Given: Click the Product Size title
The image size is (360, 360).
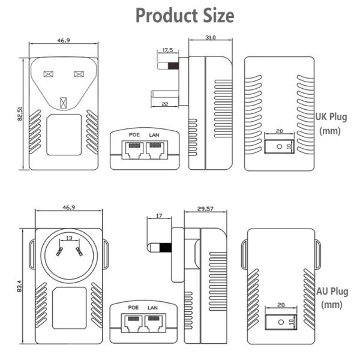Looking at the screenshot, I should pos(185,15).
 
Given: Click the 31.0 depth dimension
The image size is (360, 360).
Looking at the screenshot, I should pos(209,38).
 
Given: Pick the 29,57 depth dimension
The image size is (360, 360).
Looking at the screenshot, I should pos(205,209).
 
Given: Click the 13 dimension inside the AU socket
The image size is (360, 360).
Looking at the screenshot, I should pos(70,239).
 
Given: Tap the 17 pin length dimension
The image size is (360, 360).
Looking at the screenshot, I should pos(158,215).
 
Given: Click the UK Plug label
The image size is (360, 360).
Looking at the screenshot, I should pos(332,116).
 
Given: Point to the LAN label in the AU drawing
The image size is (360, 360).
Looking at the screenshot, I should pos(154,307).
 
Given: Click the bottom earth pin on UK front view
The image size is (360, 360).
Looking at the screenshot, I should pos(63,100).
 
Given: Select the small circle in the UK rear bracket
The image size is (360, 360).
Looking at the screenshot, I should pos(278,146).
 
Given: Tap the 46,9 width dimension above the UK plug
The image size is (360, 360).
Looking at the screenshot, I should pos(62,41).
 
